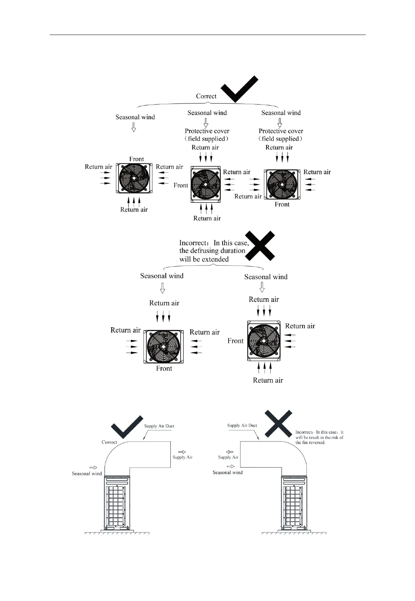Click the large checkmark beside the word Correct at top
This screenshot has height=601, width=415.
(239, 90)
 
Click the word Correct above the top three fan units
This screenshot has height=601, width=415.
(206, 96)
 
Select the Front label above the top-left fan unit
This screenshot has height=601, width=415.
(136, 159)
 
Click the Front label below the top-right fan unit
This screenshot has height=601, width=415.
(282, 204)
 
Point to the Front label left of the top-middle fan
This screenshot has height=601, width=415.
(181, 185)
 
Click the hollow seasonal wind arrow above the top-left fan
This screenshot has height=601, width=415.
(134, 127)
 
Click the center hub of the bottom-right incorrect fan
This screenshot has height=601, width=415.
(263, 340)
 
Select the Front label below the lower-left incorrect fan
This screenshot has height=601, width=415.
(164, 368)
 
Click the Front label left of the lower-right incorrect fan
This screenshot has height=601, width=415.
(235, 341)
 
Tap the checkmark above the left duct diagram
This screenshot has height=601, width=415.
(127, 427)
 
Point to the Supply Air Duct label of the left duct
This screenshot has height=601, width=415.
(159, 426)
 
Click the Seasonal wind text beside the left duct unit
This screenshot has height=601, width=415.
(87, 474)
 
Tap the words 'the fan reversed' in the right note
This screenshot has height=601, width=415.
(310, 443)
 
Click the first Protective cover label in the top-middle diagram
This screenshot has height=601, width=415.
(207, 131)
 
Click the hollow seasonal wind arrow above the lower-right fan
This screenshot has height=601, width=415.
(262, 287)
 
